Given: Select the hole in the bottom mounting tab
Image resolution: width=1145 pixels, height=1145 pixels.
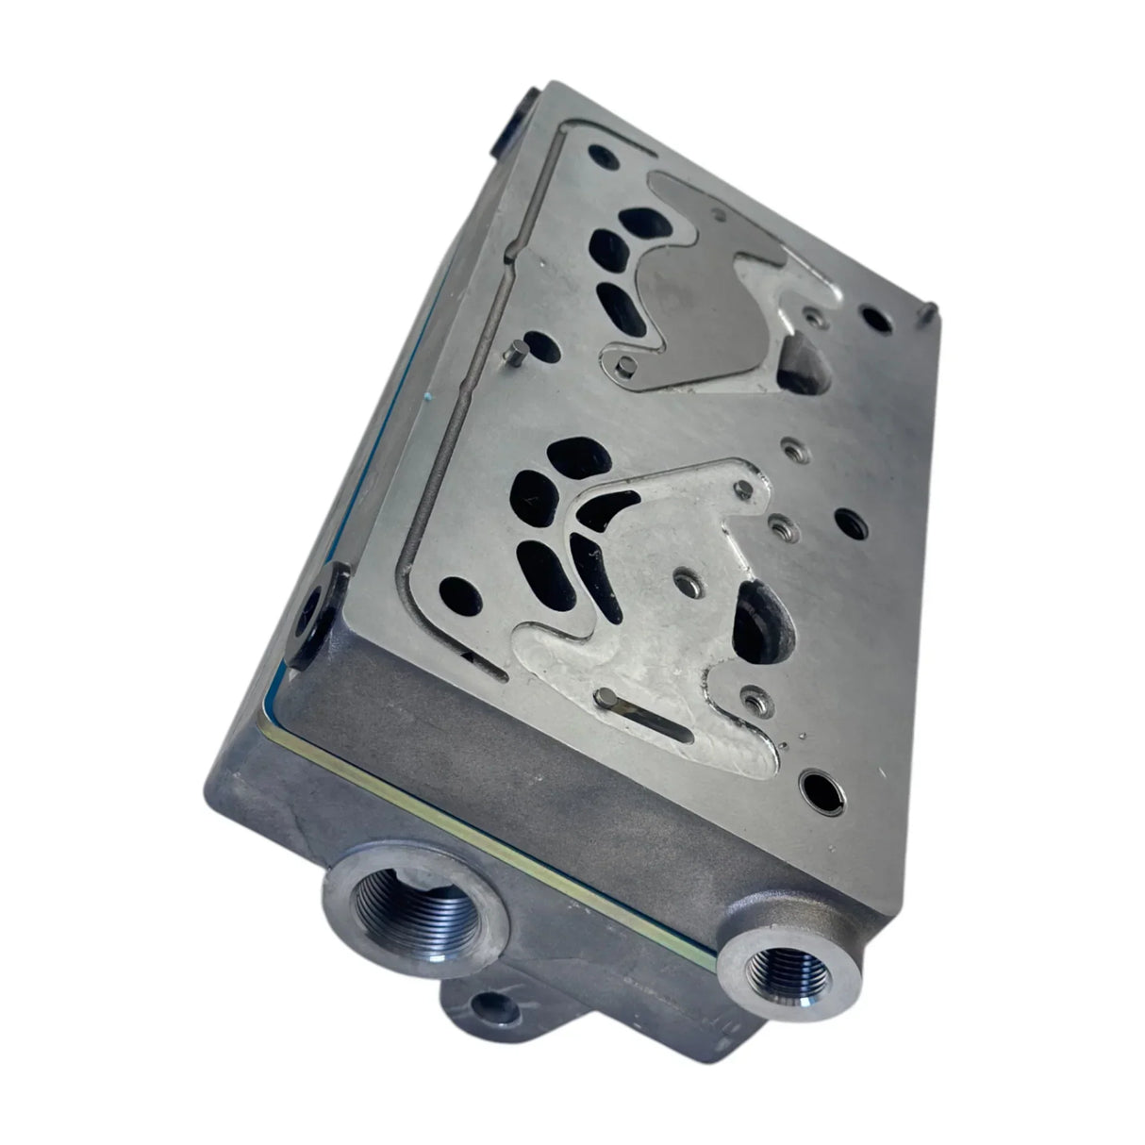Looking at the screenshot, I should pyautogui.click(x=490, y=1027).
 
